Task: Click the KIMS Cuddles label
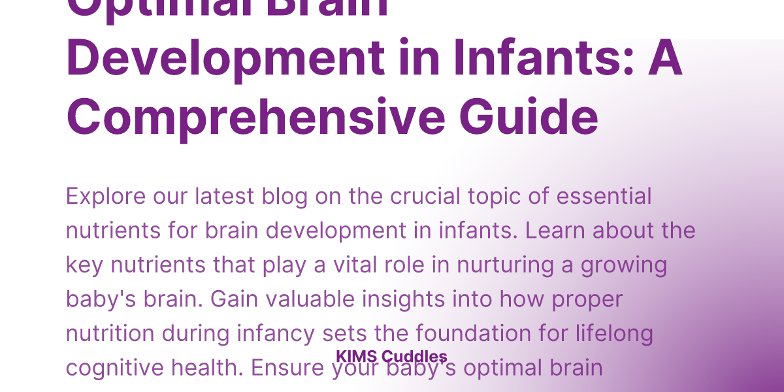tap(391, 357)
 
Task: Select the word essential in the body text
tap(601, 196)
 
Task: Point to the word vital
tap(355, 265)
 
